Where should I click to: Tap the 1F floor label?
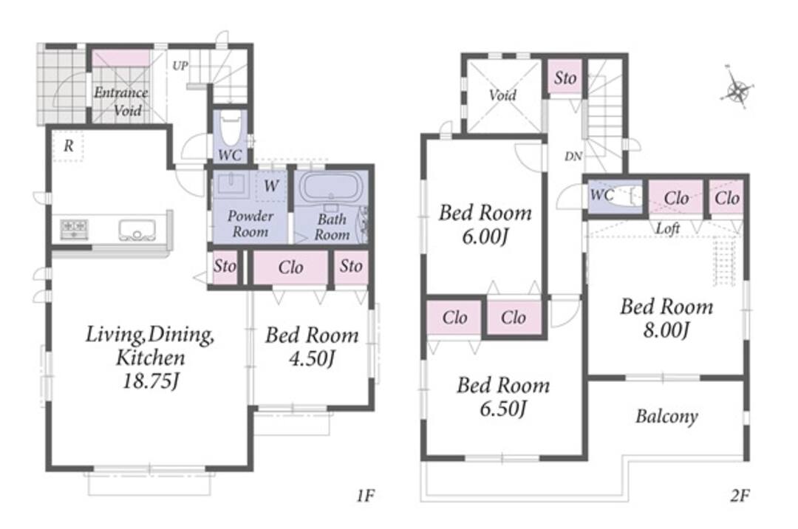[366, 495]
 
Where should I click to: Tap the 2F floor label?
[740, 495]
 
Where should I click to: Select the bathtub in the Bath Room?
[331, 188]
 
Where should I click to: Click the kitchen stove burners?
[75, 229]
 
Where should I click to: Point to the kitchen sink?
[137, 229]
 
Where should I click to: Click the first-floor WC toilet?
[231, 127]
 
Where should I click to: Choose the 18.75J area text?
[150, 381]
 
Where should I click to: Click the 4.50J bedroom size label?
[312, 358]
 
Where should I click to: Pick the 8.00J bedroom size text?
[666, 331]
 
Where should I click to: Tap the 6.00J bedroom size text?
[485, 237]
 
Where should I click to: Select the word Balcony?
[666, 417]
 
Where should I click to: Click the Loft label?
[668, 228]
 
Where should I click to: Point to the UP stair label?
[180, 66]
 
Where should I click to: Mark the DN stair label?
[573, 157]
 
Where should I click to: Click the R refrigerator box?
[68, 146]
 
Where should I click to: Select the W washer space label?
[270, 186]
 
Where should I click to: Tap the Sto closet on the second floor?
[565, 78]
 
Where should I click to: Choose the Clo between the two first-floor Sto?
[290, 267]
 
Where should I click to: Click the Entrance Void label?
[120, 101]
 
